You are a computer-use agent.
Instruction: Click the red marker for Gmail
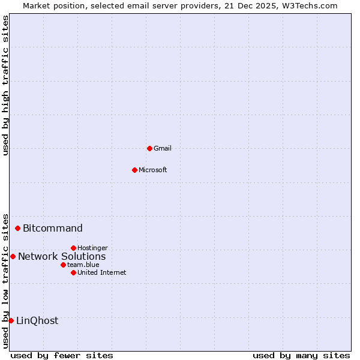click(x=149, y=148)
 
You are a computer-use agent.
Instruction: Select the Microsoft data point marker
click(x=134, y=170)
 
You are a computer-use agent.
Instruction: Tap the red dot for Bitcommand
click(x=18, y=228)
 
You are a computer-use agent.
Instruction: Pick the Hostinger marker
click(x=73, y=248)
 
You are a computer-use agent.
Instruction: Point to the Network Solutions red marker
click(x=13, y=256)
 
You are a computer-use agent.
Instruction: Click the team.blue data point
click(x=63, y=265)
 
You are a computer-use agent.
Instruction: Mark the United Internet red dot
click(x=73, y=272)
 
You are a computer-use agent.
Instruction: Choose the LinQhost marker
click(x=11, y=320)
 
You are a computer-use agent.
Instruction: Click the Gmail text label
click(x=163, y=148)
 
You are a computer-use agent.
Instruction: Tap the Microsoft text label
click(x=153, y=170)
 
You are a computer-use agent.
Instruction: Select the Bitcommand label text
click(x=53, y=228)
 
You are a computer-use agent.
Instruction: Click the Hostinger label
click(x=93, y=248)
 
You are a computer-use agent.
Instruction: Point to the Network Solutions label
click(x=62, y=256)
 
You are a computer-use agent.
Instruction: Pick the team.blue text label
click(x=83, y=265)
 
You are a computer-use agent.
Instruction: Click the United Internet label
click(x=102, y=272)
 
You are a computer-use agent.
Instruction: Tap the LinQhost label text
click(x=37, y=320)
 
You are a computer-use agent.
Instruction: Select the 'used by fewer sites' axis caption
click(x=62, y=355)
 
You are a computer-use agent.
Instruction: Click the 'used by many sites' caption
click(x=301, y=355)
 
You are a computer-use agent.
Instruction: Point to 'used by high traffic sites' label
click(x=6, y=85)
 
